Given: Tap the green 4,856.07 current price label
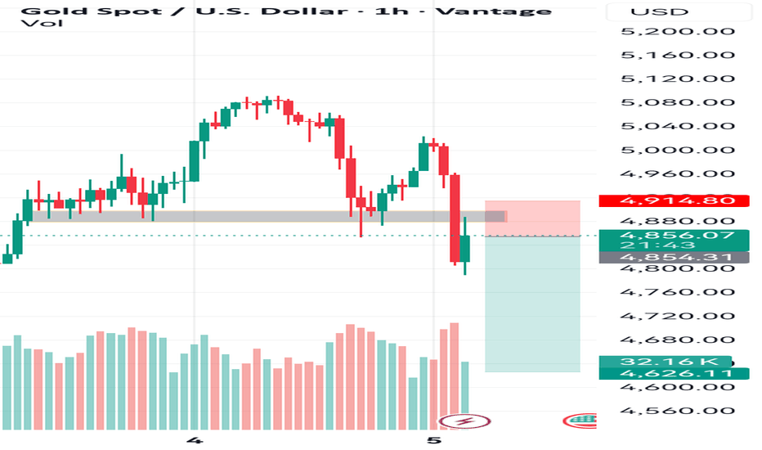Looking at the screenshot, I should [x=674, y=236].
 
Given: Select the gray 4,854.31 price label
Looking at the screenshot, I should [x=674, y=257].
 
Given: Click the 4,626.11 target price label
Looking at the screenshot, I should [x=674, y=374].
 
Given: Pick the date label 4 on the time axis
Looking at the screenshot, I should [x=195, y=440].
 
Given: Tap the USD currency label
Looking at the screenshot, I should [x=649, y=11].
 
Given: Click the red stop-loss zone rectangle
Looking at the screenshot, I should [x=532, y=218].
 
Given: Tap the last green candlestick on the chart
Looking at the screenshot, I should [x=465, y=248].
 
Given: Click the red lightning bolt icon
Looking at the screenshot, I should [x=465, y=421].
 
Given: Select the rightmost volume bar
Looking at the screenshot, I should [x=465, y=396].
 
